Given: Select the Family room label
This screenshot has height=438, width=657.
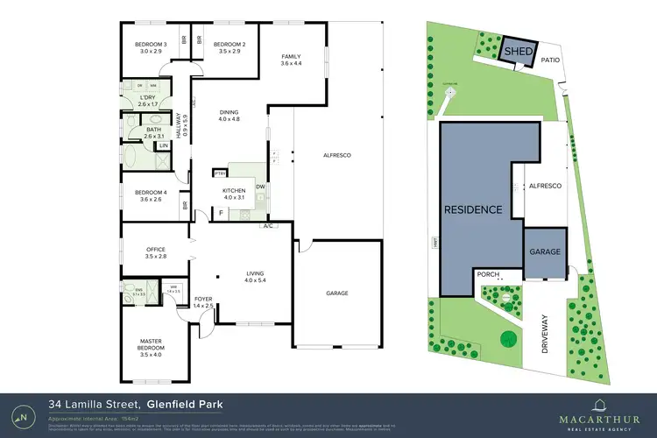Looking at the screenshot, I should [x=291, y=59].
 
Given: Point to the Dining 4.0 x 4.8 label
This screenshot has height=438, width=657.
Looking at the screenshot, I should [x=229, y=116].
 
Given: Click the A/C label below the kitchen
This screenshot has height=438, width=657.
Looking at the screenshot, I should [x=268, y=227].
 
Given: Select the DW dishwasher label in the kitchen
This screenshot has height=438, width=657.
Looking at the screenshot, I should [x=260, y=187].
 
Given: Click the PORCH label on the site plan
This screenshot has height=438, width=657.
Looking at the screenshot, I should [x=487, y=274].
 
